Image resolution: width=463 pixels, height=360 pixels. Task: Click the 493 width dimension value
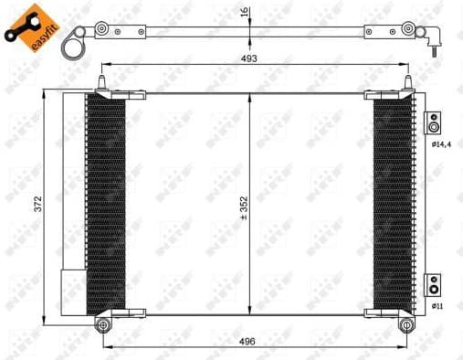(249, 58)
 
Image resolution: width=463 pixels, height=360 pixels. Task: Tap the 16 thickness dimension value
(243, 13)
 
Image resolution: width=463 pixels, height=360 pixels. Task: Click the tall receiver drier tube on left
(72, 183)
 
